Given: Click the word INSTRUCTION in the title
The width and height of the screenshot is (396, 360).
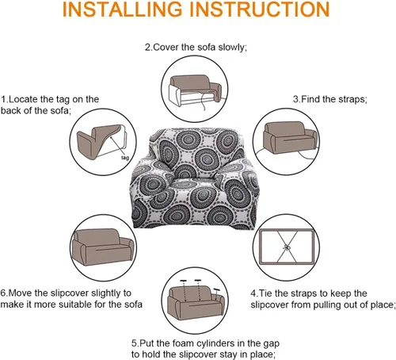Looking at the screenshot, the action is click(x=260, y=10).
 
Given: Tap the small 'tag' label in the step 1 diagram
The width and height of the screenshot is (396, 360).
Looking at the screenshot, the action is click(x=125, y=158).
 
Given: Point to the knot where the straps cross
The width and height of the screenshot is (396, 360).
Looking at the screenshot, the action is click(x=287, y=247).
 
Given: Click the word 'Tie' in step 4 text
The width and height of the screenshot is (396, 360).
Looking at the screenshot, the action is click(x=265, y=293).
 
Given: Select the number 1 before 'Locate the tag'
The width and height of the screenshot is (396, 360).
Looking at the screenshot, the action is click(x=4, y=99).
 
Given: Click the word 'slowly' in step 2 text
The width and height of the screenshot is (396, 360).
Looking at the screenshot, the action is click(x=232, y=48).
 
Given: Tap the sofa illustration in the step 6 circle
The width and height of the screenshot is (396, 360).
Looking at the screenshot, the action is click(x=103, y=247).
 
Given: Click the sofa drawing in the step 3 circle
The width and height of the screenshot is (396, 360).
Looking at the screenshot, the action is click(x=290, y=137).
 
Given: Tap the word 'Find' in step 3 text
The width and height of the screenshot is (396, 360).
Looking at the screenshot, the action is click(x=310, y=99).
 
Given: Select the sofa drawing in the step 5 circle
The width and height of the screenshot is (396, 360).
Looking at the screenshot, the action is click(x=196, y=304).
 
